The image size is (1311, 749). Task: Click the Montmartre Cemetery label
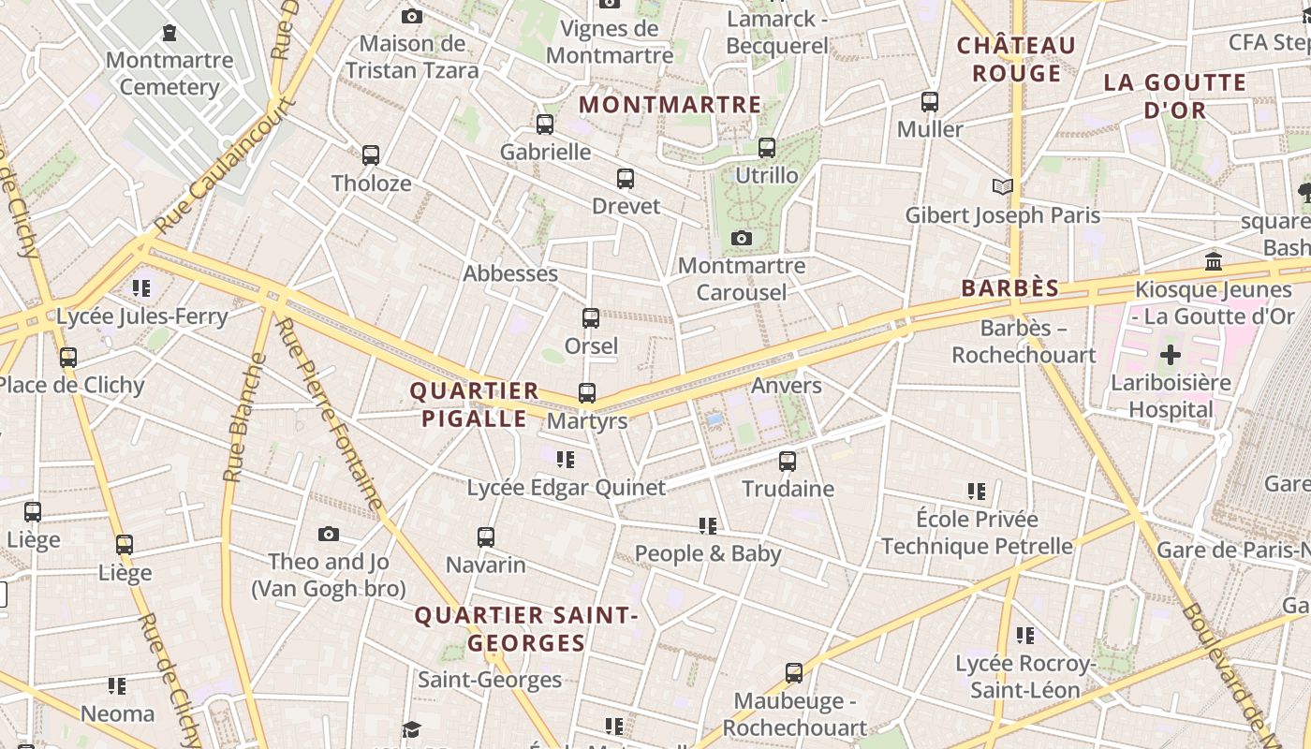[169, 74]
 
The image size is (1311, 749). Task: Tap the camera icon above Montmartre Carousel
[742, 239]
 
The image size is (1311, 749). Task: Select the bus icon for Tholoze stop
[371, 155]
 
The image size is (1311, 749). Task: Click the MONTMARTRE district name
[670, 104]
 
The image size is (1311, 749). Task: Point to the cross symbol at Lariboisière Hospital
[1171, 355]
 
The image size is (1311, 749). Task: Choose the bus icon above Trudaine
[788, 461]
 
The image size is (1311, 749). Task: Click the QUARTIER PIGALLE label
[475, 404]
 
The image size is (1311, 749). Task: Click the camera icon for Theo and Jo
[328, 534]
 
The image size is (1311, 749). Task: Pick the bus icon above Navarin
[485, 537]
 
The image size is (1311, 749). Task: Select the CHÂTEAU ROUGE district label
[1016, 59]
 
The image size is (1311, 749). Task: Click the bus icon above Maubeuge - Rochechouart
[794, 672]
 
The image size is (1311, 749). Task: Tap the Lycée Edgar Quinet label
[567, 488]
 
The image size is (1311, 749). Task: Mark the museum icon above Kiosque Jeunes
[1214, 261]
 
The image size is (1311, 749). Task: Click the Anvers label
[787, 386]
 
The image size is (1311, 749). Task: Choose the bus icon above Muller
[930, 102]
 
